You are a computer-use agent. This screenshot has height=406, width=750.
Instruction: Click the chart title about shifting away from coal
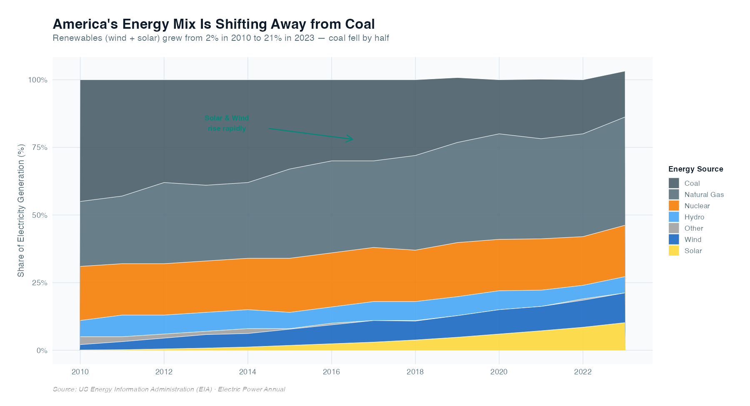click(213, 24)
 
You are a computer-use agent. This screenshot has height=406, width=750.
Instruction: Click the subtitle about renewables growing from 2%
click(221, 38)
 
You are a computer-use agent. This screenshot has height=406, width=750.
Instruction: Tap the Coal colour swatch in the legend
click(673, 183)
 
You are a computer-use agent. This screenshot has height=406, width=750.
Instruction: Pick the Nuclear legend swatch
click(673, 206)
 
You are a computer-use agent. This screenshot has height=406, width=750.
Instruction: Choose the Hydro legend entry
click(694, 217)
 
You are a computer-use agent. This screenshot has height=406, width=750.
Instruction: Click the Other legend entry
click(693, 228)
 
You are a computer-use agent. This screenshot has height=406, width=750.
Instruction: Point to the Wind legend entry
click(692, 239)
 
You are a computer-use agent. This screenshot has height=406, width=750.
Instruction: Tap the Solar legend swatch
click(673, 251)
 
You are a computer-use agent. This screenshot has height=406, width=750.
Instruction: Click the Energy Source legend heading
click(695, 169)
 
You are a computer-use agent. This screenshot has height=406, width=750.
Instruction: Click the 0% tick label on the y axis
click(42, 351)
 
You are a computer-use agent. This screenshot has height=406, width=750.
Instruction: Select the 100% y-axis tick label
click(37, 80)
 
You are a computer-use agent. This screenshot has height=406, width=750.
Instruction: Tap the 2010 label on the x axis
click(80, 372)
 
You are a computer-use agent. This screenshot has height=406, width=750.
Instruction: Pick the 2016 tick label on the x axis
click(331, 372)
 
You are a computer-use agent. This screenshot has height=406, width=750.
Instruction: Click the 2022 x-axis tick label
click(582, 372)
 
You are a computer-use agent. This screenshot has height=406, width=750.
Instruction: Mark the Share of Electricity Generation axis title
click(21, 210)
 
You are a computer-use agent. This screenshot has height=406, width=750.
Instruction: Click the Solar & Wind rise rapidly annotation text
click(227, 123)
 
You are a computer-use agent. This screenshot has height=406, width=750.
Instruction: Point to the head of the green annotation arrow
click(352, 139)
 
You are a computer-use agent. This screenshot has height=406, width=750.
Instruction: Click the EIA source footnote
click(169, 389)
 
